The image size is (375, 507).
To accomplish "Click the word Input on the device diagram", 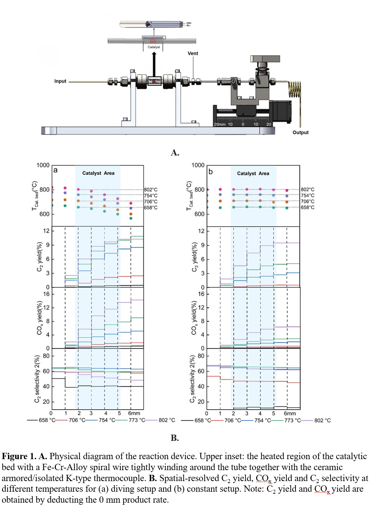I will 60,81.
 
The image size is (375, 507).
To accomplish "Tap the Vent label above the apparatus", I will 193,53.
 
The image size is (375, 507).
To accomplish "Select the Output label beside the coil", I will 301,132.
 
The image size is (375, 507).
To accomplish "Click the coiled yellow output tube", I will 294,89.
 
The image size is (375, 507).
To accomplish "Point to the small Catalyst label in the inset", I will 154,47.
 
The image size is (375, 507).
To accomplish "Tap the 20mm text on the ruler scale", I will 219,124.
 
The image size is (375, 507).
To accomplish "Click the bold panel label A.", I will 175,152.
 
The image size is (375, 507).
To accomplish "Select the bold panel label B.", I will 175,438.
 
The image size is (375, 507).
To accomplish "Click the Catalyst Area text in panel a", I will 98,173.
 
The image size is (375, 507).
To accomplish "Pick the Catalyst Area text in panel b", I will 253,173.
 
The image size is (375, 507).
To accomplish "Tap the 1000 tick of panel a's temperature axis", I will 43,165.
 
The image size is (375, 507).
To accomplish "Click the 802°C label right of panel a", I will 151,190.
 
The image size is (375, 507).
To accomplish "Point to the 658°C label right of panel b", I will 308,207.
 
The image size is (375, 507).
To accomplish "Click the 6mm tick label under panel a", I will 134,413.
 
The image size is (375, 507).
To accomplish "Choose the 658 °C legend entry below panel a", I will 47,420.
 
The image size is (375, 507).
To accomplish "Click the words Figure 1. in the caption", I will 19,456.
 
